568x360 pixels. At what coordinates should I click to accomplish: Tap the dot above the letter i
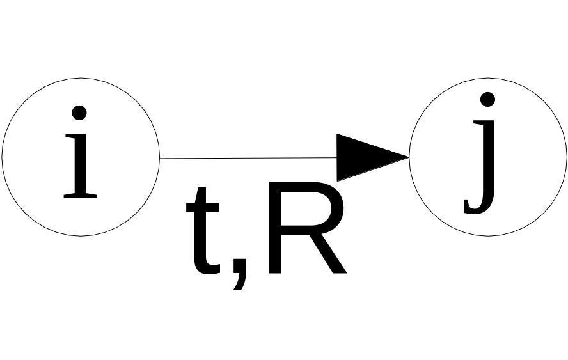pyautogui.click(x=79, y=113)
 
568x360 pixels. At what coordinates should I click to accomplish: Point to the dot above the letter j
pyautogui.click(x=487, y=100)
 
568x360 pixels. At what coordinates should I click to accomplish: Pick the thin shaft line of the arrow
pyautogui.click(x=249, y=158)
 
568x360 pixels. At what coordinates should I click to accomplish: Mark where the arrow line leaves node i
pyautogui.click(x=160, y=158)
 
